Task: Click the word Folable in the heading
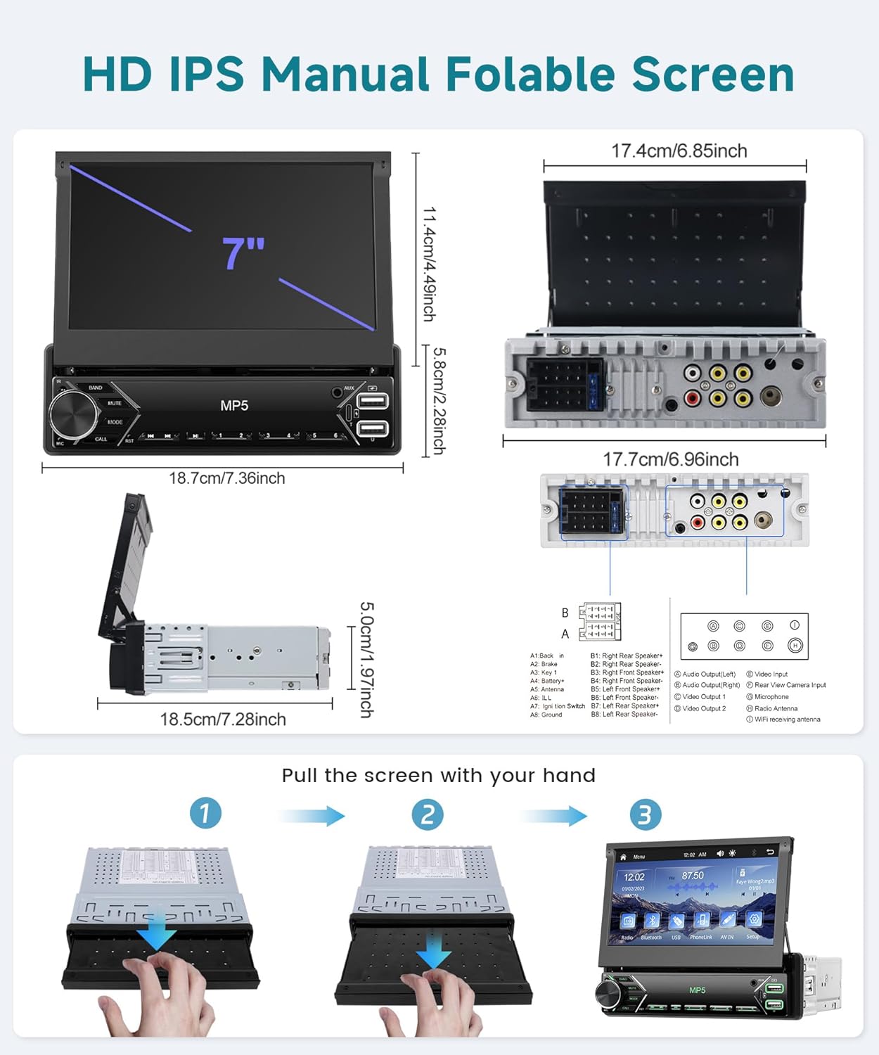coord(530,74)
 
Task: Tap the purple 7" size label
coord(243,253)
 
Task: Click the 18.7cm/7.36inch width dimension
coord(226,478)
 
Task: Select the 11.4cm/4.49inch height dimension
coord(429,264)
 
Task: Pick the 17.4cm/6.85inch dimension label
coord(679,151)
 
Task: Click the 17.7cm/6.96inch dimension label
coord(670,459)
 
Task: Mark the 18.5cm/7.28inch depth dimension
coord(223,720)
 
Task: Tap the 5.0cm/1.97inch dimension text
coord(366,659)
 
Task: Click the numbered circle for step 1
coord(205,814)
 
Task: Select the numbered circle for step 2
coord(428,814)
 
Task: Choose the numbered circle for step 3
coord(645,814)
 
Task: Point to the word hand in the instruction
coord(569,776)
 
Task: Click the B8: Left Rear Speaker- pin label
coord(624,715)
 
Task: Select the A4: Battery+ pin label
coord(547,681)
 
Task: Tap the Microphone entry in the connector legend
coord(771,697)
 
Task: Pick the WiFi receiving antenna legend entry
coord(787,720)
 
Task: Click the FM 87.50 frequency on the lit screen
coord(692,876)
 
